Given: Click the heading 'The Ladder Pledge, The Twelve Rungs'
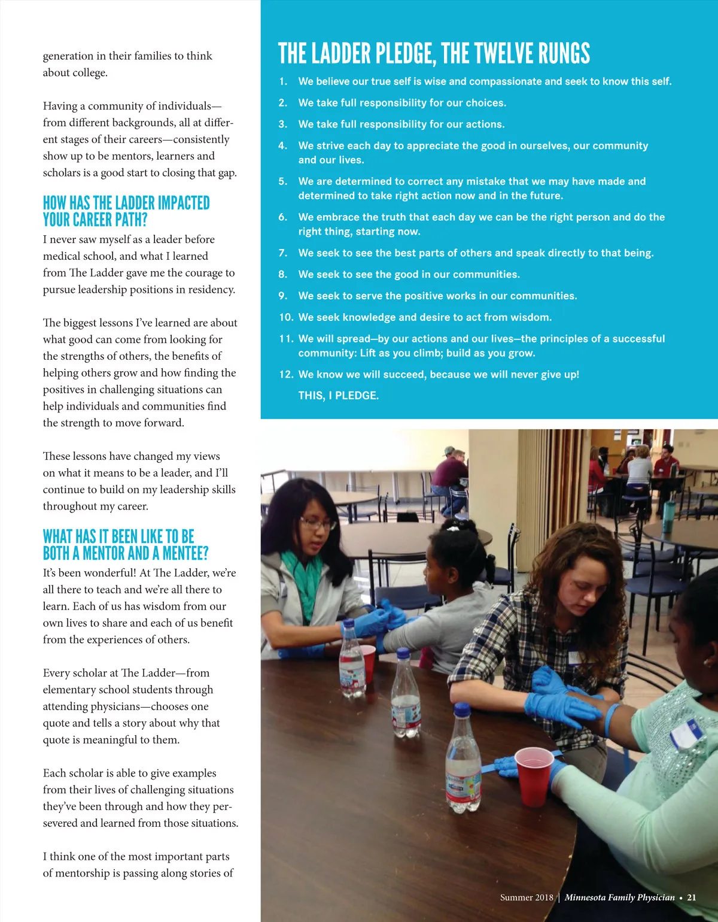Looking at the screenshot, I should pos(434,53).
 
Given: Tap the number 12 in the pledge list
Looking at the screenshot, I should pos(286,375).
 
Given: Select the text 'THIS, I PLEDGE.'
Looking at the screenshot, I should pos(339,396).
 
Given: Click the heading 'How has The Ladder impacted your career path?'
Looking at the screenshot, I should pos(126,211).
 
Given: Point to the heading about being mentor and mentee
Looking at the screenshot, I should pos(126,545).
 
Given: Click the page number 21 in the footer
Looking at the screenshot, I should pos(692,897).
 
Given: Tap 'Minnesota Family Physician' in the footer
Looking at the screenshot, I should pos(619,897).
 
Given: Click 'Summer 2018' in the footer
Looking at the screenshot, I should pos(527,897).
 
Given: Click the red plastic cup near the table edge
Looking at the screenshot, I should pos(534,776).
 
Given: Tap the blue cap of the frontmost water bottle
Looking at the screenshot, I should pos(462,711).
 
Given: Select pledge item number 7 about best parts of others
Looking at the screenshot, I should pos(476,253).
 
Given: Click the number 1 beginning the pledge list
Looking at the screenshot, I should pos(283,81).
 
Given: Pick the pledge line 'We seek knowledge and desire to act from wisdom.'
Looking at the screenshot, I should pos(425,317).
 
